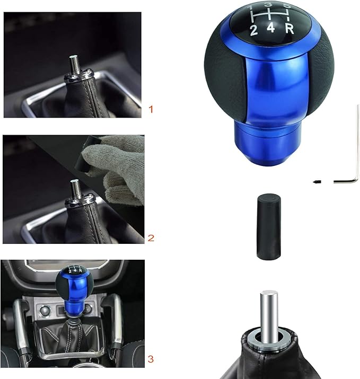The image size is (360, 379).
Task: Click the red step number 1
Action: coord(151,110)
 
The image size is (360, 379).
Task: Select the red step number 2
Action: coord(151,238)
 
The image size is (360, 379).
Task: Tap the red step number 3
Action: coord(151,359)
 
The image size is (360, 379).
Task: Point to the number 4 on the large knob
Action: coord(270,30)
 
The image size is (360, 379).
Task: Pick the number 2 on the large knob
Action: coord(254,30)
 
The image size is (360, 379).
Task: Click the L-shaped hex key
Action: coord(354,154)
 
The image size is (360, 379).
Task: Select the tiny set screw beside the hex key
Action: coord(317,182)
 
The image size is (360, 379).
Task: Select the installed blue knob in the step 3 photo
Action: coord(74,286)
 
